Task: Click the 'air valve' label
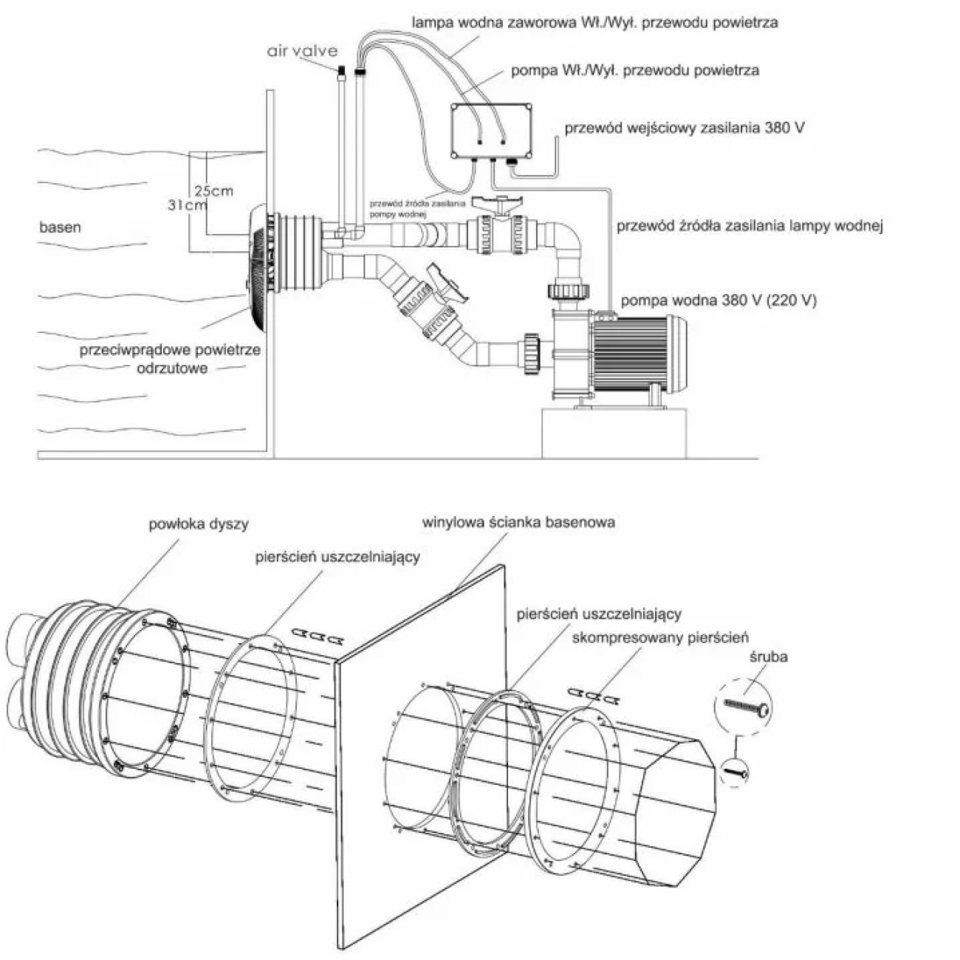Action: click(x=302, y=51)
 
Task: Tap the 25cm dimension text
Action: click(x=213, y=191)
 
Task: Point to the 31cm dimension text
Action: click(x=188, y=205)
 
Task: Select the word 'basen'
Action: click(x=61, y=227)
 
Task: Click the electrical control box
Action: click(x=491, y=131)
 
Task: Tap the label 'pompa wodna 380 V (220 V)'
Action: click(x=719, y=301)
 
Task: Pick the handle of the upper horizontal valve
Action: click(x=498, y=204)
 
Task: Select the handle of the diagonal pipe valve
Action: click(x=448, y=284)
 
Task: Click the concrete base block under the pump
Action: click(x=614, y=433)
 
